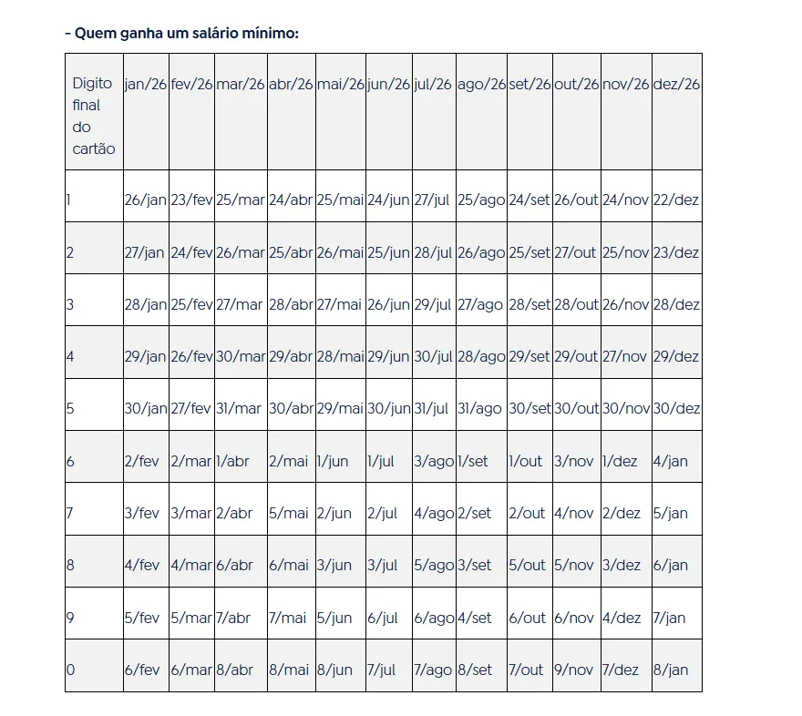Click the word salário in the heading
(204, 34)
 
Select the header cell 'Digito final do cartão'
(93, 116)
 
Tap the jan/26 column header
(146, 84)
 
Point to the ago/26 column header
(481, 84)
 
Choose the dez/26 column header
(676, 84)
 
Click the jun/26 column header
(388, 84)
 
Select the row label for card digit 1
(69, 200)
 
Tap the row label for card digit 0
(70, 670)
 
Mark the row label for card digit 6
(70, 462)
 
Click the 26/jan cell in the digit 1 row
(146, 200)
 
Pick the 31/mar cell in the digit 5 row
(239, 409)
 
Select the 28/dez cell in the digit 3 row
(676, 304)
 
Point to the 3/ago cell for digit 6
(433, 462)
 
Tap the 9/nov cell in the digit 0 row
(574, 670)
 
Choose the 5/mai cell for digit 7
(289, 514)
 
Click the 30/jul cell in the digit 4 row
(433, 357)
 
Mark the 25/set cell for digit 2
(530, 252)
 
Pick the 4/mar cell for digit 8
(191, 566)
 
